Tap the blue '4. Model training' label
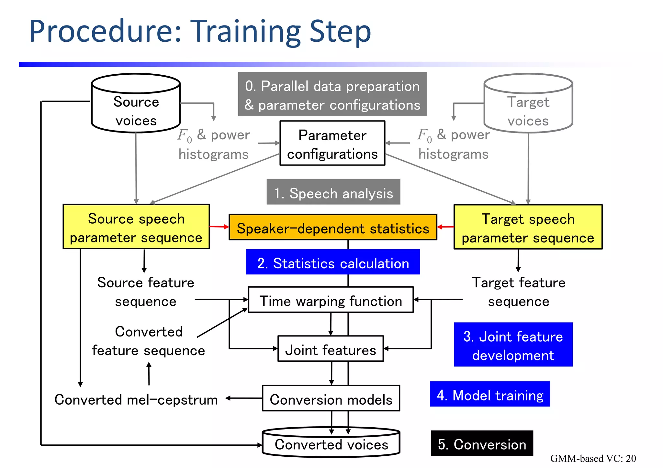pos(489,394)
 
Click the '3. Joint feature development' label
pos(513,345)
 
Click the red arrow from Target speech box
pos(445,227)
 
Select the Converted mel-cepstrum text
pos(136,400)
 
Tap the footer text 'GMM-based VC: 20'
pos(593,458)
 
